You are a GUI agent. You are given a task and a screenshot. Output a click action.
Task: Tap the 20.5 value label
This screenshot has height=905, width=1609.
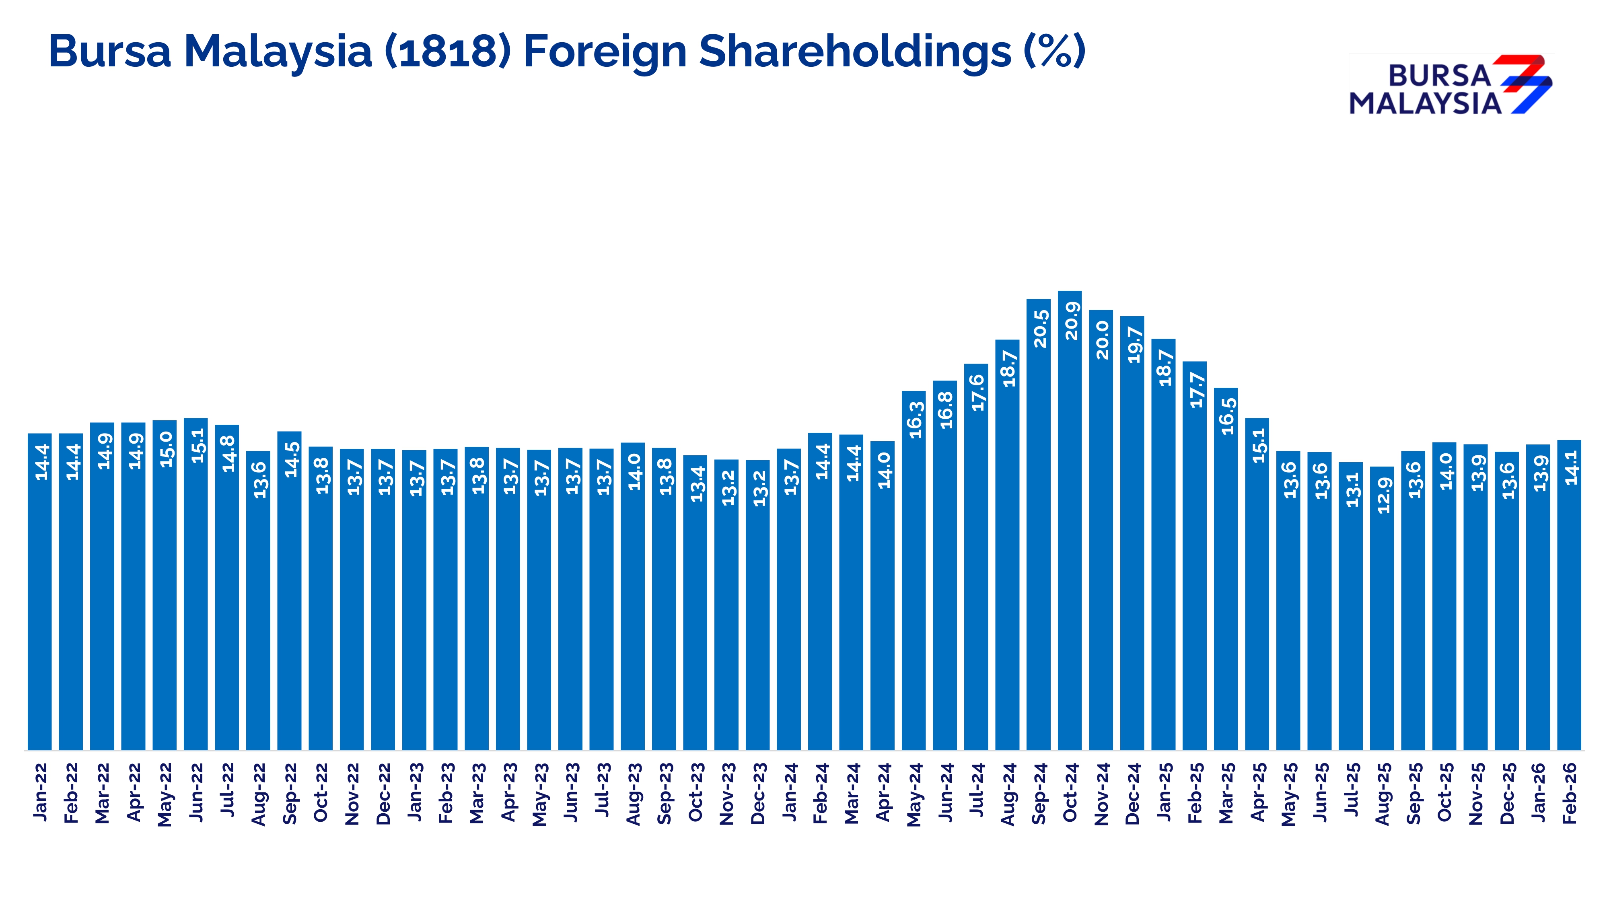pyautogui.click(x=1039, y=329)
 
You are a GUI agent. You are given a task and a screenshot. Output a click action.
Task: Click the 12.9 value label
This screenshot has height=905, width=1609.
pyautogui.click(x=1383, y=495)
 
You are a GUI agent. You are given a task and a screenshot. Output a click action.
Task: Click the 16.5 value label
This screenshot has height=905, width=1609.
pyautogui.click(x=1227, y=416)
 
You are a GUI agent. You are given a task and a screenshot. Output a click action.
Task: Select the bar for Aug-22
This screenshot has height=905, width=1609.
pyautogui.click(x=258, y=600)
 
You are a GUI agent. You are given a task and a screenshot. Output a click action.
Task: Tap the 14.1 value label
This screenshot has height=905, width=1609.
pyautogui.click(x=1570, y=467)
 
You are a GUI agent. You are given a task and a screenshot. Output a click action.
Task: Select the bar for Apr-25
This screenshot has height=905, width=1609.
pyautogui.click(x=1257, y=584)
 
